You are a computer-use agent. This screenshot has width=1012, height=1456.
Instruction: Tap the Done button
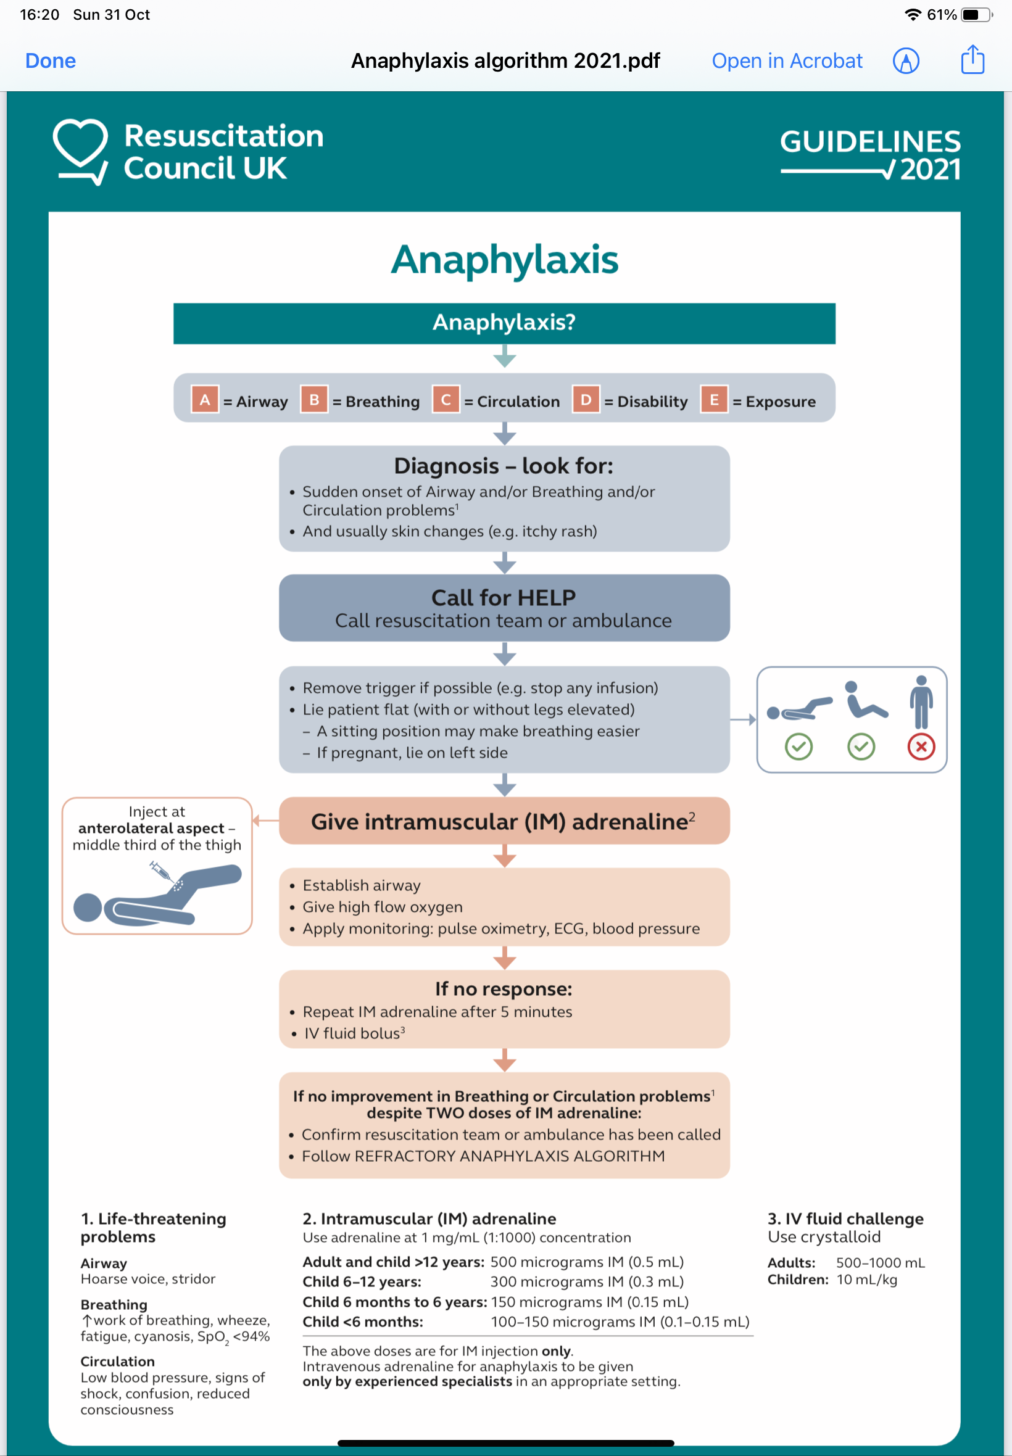(50, 61)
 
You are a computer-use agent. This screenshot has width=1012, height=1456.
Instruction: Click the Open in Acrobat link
(786, 61)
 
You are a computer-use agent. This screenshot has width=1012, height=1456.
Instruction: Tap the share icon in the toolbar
(971, 60)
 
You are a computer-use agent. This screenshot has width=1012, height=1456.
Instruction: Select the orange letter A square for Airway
(205, 400)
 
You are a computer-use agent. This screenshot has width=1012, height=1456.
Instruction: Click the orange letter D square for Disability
(585, 400)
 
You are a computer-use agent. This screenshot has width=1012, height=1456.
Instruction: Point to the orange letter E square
(713, 400)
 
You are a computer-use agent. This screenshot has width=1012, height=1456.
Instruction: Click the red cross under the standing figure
(921, 747)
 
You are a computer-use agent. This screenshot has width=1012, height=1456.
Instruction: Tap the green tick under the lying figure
(798, 747)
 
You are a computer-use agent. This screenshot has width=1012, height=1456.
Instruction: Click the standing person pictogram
(921, 702)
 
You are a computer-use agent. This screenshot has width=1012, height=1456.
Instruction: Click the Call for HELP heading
(504, 597)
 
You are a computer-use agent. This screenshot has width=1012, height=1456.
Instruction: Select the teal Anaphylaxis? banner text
(504, 323)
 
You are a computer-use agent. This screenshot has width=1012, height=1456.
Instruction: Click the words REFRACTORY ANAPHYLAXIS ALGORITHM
(509, 1156)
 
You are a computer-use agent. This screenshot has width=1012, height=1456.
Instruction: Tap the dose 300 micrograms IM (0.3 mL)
(587, 1281)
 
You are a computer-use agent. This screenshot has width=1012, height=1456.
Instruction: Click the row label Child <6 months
(363, 1322)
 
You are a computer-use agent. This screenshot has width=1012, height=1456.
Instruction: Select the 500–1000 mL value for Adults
(879, 1263)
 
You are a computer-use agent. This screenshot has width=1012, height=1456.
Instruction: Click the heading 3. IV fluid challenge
(845, 1218)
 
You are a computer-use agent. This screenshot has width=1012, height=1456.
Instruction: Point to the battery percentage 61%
(941, 15)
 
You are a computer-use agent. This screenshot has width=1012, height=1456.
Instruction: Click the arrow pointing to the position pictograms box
(742, 719)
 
